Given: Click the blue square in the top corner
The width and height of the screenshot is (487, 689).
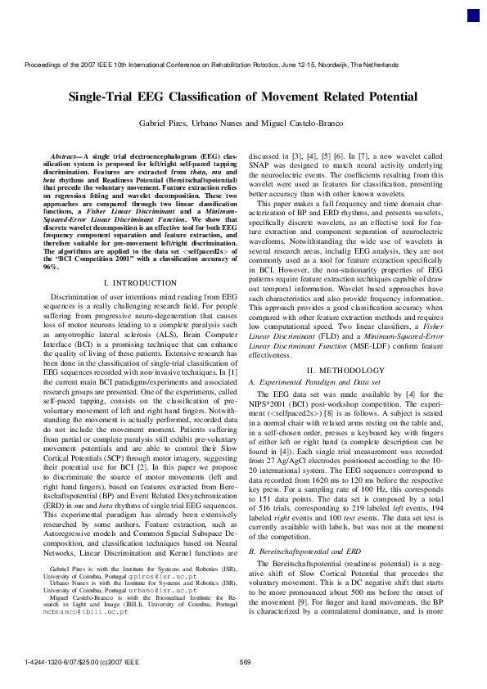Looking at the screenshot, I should [473, 16].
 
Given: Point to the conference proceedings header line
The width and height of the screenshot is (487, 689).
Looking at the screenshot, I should [243, 64].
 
